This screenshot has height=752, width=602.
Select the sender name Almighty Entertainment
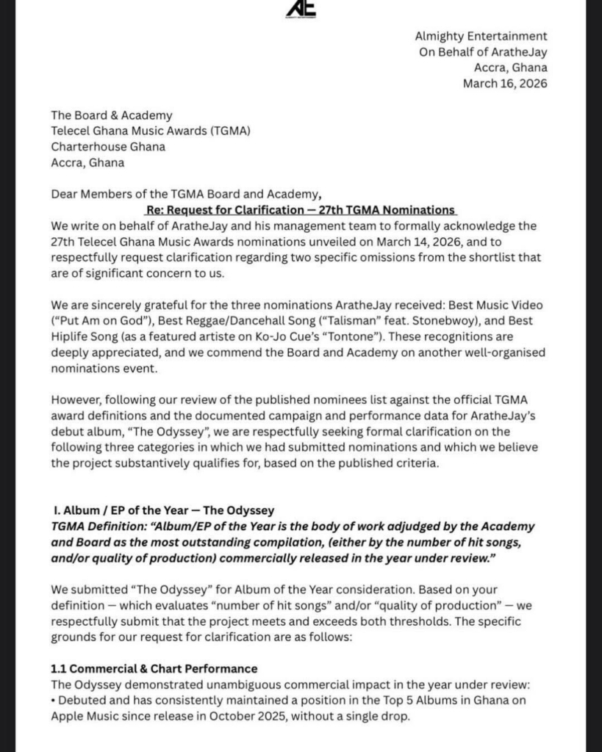click(481, 36)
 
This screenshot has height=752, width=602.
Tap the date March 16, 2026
click(504, 84)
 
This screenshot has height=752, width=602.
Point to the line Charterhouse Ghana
click(107, 147)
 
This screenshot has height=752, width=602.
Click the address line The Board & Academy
click(111, 115)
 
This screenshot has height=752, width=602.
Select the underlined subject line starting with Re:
click(301, 210)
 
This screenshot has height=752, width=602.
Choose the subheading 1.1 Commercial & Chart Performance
click(154, 668)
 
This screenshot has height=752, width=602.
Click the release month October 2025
click(236, 716)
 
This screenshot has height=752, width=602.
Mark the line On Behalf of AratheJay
click(483, 52)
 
